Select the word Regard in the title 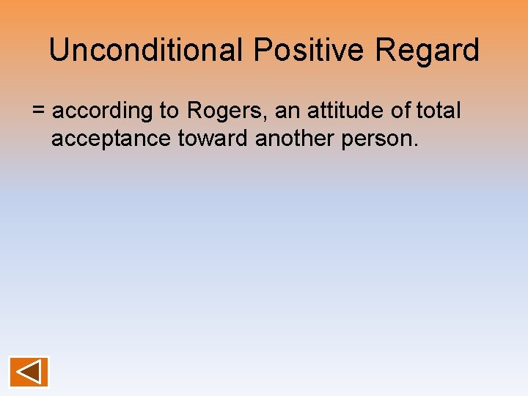(x=427, y=51)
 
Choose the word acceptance (x=111, y=139)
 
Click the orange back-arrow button (x=29, y=372)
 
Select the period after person (x=416, y=144)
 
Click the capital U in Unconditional (x=58, y=51)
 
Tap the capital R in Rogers (x=195, y=111)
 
